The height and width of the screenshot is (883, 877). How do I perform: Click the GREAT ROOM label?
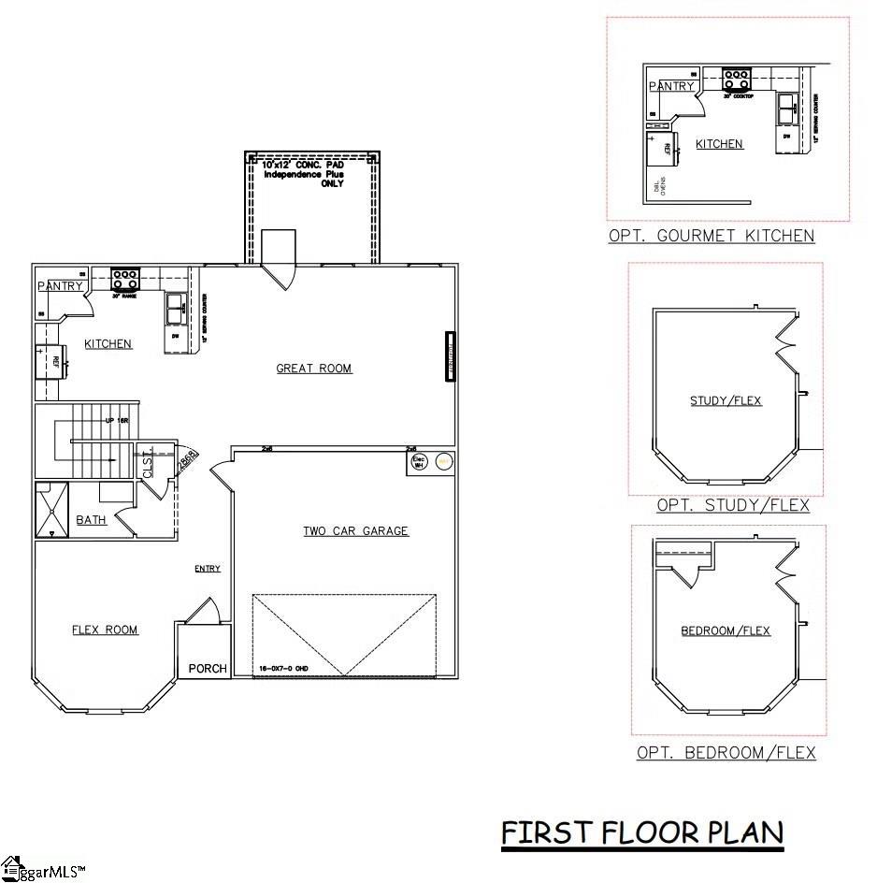314,369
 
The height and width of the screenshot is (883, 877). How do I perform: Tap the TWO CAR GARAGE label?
355,531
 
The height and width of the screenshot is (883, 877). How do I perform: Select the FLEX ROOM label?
105,630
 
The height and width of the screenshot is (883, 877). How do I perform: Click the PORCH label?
208,668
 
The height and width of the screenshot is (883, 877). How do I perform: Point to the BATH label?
91,520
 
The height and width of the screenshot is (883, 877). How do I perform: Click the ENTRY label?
208,569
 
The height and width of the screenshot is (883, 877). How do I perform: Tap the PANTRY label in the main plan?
61,286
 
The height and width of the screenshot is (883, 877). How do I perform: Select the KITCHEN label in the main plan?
108,344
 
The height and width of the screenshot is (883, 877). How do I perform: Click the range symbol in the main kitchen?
125,279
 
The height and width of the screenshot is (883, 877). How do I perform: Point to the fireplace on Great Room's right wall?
450,355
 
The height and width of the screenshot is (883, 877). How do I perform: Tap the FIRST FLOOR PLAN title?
642,832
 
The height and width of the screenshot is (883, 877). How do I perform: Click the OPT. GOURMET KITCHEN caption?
711,236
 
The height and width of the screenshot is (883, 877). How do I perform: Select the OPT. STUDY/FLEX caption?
733,505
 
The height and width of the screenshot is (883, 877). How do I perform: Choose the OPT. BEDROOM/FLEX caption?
726,752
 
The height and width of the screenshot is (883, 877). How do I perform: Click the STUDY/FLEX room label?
726,401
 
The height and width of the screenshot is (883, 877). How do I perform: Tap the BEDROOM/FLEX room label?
726,630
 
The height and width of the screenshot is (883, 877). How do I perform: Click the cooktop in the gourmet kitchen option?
738,79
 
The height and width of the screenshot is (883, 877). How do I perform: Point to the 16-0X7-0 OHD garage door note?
283,668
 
